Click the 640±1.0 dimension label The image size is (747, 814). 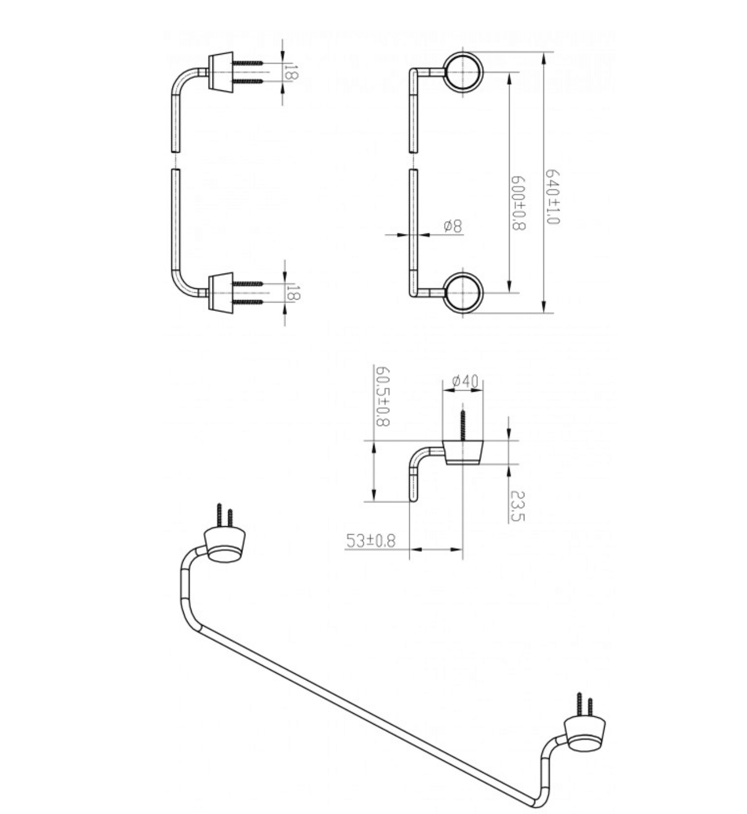[x=552, y=196]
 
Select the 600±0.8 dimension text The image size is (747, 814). [x=518, y=202]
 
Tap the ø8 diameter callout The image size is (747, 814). [x=453, y=226]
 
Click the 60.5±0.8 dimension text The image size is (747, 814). [x=383, y=396]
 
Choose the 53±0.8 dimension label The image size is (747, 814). [x=371, y=541]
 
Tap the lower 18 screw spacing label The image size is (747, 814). [x=293, y=293]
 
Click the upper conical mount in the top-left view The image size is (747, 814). [x=220, y=72]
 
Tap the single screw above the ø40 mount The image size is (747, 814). [x=463, y=425]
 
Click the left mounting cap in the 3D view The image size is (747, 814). [x=224, y=545]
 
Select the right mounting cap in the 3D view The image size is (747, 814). [x=585, y=733]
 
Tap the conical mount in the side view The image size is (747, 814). [x=463, y=452]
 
